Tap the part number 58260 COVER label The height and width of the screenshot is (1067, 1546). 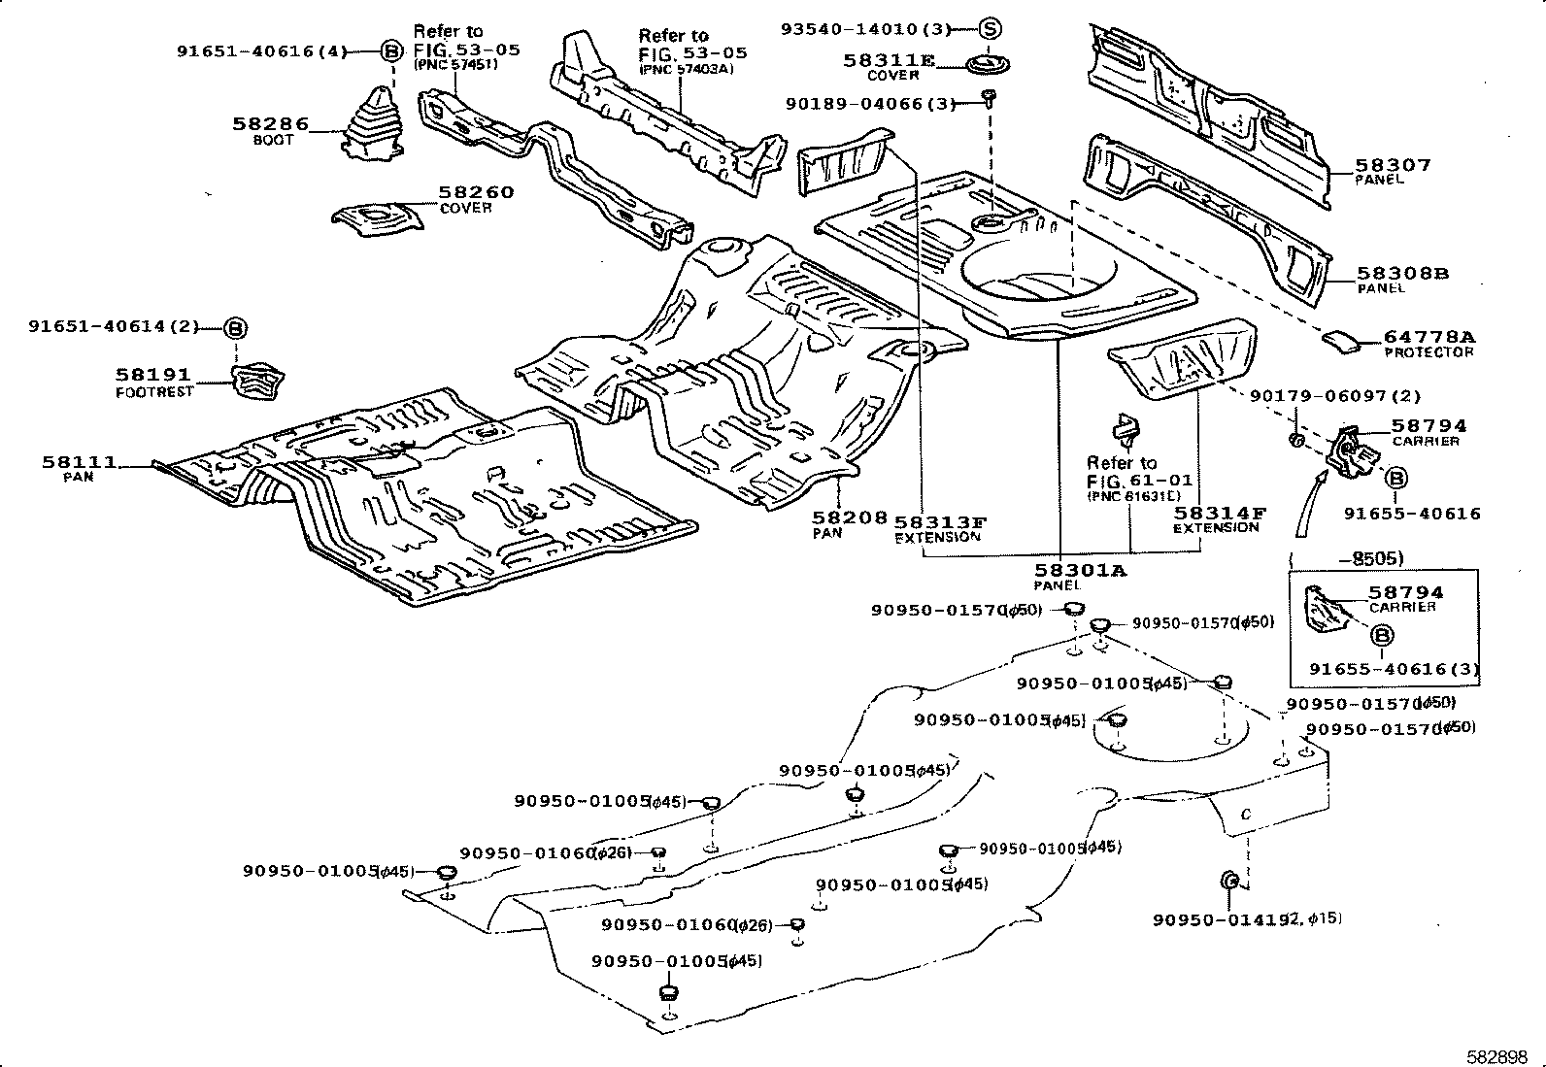476,199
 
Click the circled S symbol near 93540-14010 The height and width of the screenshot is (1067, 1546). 989,29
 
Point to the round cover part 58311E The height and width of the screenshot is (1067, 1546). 988,67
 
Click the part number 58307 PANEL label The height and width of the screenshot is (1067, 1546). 1393,171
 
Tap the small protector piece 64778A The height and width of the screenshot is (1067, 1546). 1344,340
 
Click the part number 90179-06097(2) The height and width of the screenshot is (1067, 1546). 1334,395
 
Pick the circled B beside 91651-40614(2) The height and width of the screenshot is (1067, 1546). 236,328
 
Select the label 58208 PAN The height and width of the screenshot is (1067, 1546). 850,524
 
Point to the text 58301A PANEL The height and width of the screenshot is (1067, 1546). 1078,577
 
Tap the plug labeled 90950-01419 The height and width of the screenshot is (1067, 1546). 1227,880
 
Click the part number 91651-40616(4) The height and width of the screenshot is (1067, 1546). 261,51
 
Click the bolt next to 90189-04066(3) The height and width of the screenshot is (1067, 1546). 989,96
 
